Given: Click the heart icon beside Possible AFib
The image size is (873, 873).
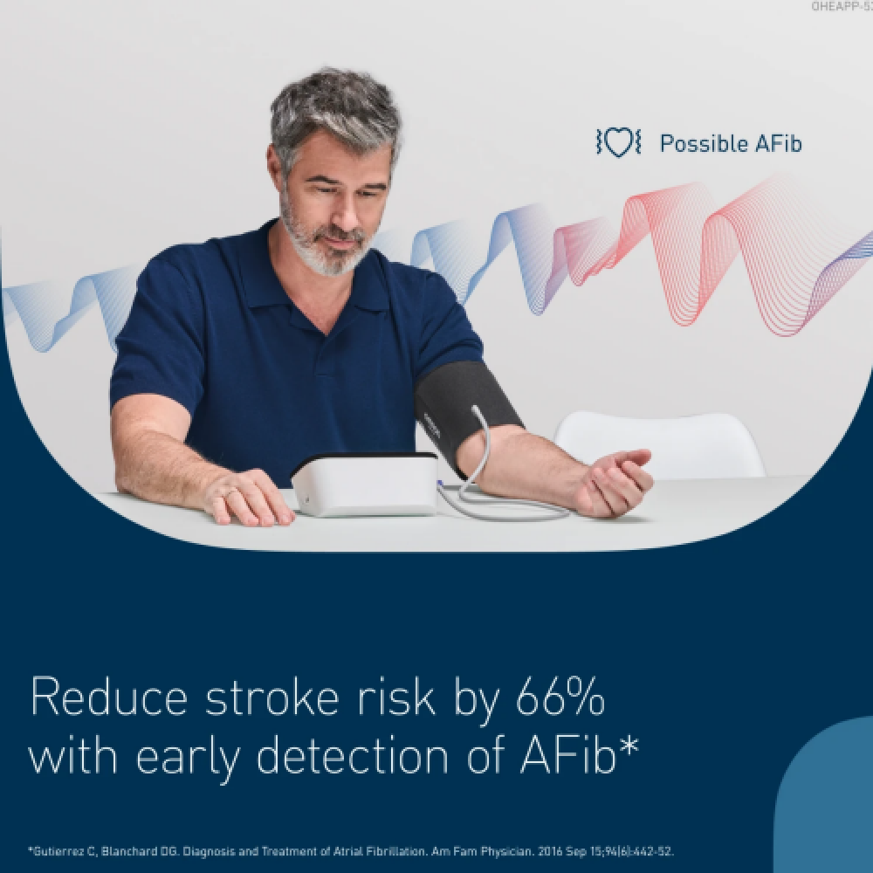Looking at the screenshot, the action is (619, 142).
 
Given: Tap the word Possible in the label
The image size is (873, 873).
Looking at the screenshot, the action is (704, 144).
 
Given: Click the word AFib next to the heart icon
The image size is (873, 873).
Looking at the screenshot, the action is (779, 144).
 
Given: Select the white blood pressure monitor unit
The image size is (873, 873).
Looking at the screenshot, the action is (365, 485).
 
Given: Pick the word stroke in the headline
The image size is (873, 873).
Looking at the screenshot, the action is (272, 696).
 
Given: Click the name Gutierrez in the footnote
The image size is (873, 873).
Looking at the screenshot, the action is (59, 851).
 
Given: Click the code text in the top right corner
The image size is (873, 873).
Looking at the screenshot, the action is (842, 6).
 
